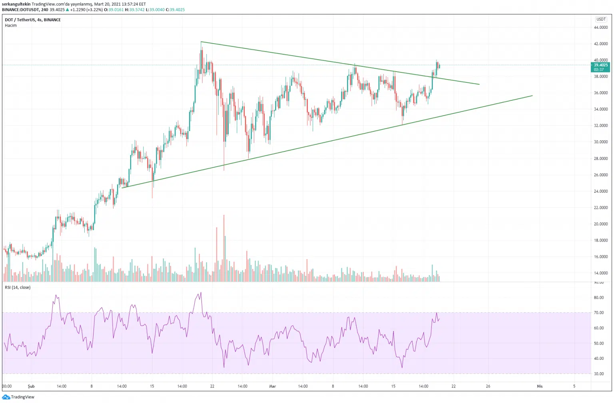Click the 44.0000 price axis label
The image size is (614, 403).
[600, 28]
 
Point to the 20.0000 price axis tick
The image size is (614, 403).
[600, 224]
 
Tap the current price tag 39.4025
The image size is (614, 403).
[600, 65]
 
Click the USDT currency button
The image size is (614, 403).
[601, 19]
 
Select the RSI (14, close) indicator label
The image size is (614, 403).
[18, 287]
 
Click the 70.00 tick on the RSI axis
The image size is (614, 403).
[599, 313]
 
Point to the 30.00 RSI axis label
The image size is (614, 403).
[599, 374]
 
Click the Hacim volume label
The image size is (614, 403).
[11, 26]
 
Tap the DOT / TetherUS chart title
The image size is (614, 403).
[33, 20]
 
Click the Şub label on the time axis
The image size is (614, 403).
[31, 386]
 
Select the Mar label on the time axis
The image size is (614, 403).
[273, 386]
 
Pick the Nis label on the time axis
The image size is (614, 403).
[540, 386]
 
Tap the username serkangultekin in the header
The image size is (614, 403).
[16, 4]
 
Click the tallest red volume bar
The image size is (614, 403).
[224, 248]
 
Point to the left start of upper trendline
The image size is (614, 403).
[201, 42]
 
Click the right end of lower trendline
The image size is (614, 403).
[532, 96]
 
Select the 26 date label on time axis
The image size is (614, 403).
[488, 386]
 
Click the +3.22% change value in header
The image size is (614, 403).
[93, 10]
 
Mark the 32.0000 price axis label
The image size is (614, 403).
[600, 126]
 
